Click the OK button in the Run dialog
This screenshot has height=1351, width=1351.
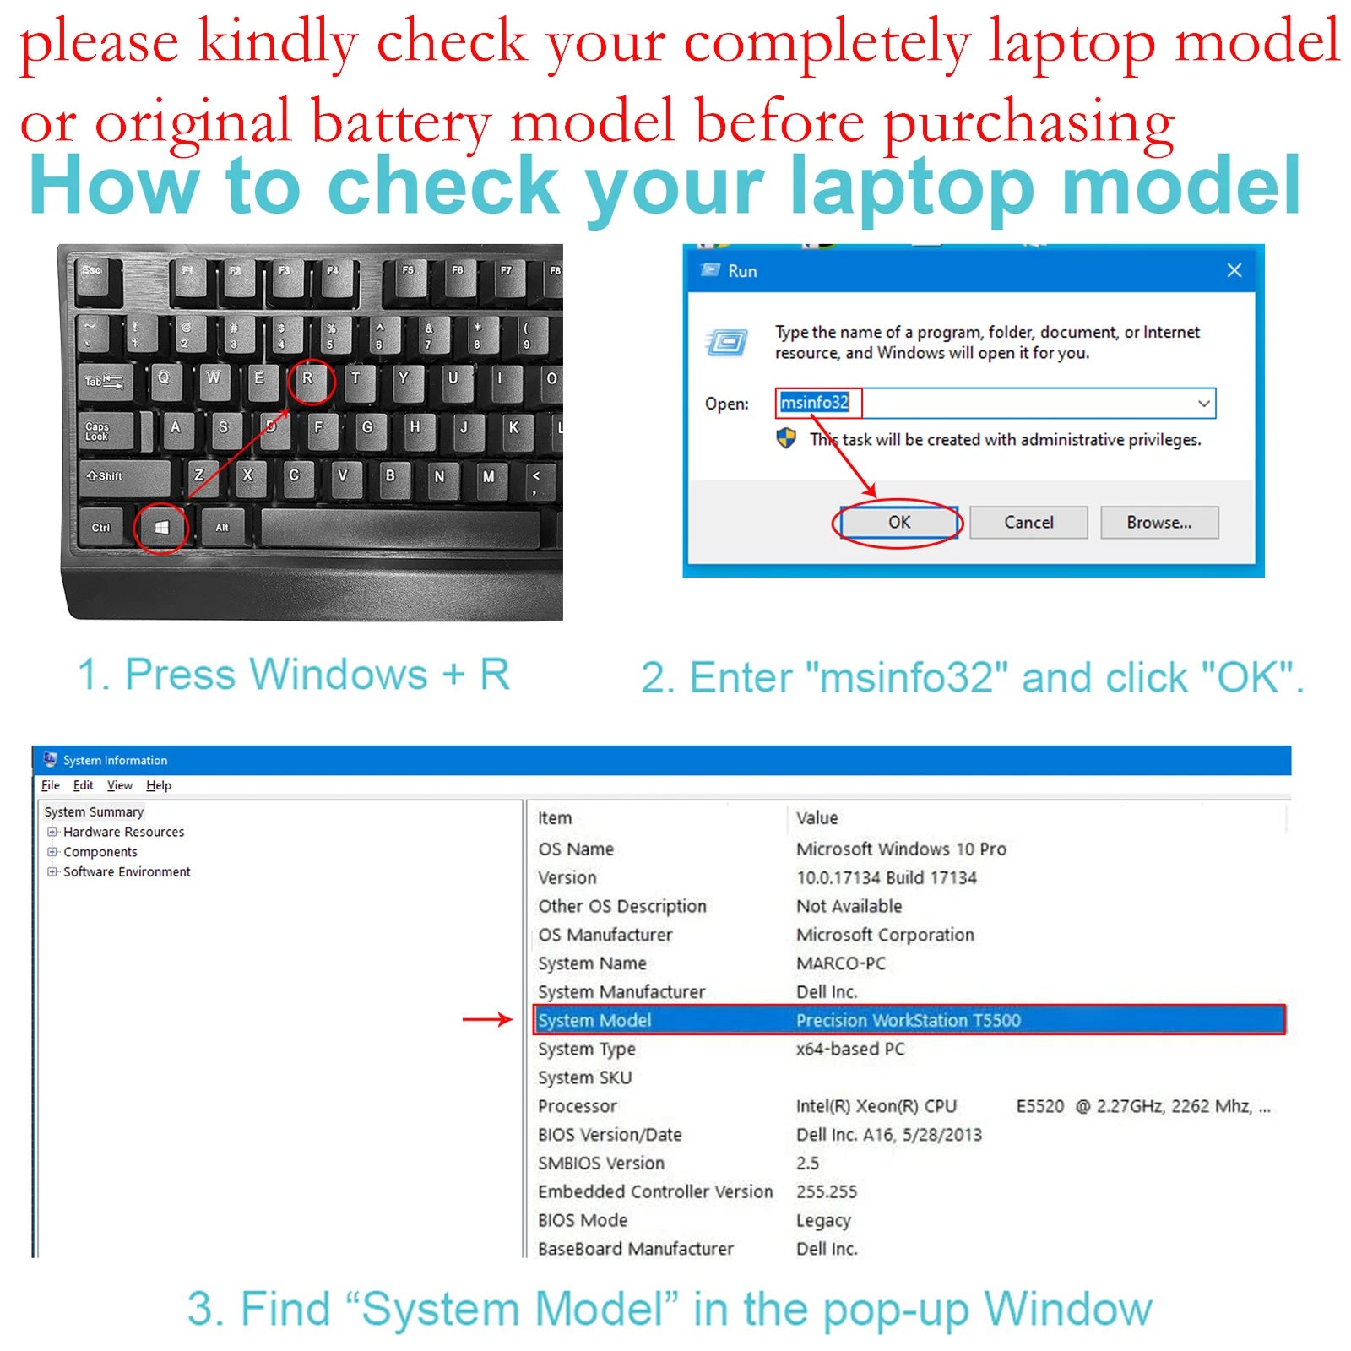pos(899,523)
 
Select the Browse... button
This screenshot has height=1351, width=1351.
pos(1159,523)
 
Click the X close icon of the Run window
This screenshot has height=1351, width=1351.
pos(1234,270)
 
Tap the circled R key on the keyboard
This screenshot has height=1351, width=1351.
pos(308,379)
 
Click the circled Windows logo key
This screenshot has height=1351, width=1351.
pos(161,528)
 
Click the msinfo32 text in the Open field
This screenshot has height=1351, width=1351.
pos(814,403)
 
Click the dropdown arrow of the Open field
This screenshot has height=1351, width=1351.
pos(1204,404)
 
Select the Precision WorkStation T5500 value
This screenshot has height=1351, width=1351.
pos(909,1020)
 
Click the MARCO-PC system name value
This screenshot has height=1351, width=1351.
pos(841,963)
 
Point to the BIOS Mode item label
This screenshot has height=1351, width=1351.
pos(583,1220)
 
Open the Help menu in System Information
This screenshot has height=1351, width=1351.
pos(159,785)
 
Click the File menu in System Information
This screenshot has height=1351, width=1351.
pos(51,785)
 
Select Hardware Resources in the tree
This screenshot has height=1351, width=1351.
pos(123,832)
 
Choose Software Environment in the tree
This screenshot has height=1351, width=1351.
pos(127,871)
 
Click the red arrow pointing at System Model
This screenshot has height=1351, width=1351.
pos(487,1019)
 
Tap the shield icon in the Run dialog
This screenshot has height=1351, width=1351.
pos(786,438)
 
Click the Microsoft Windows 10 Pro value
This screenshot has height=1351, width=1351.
pos(901,849)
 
